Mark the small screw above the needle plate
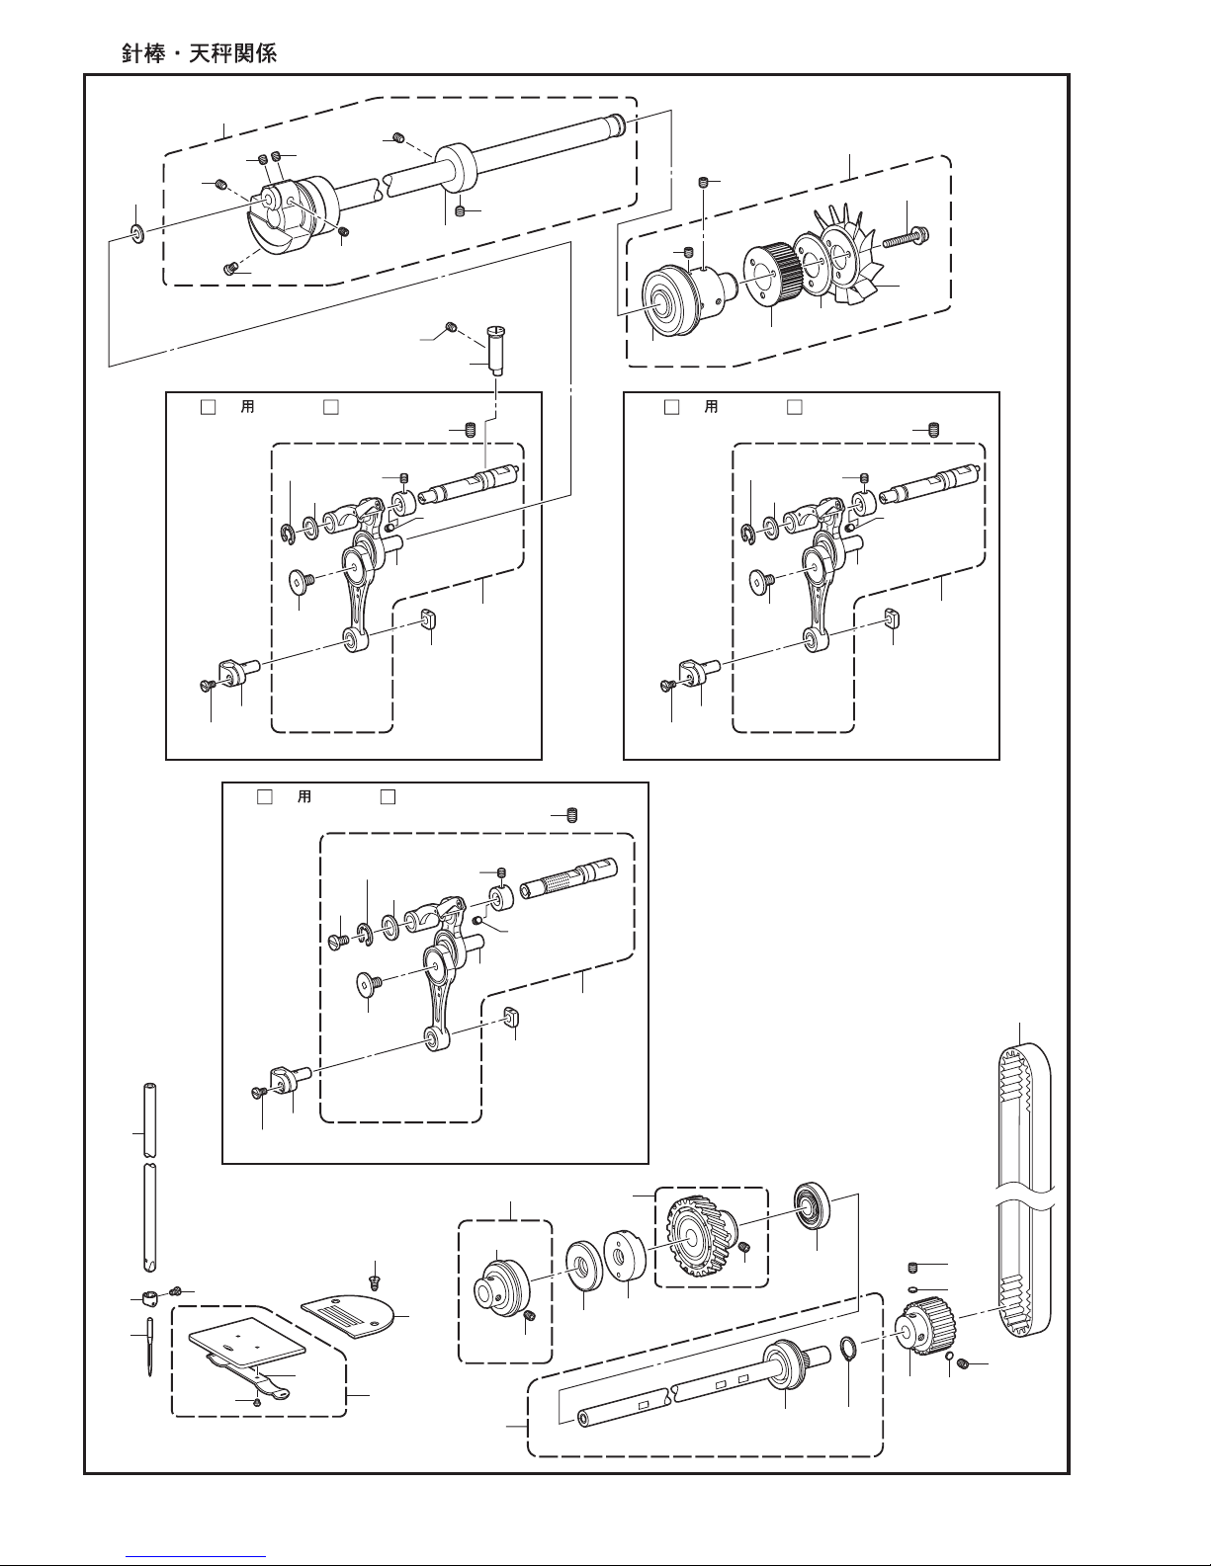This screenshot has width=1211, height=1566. (375, 1281)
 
